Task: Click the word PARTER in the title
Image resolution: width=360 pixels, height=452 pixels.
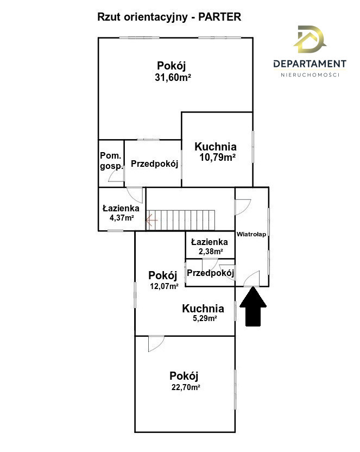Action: click(x=220, y=17)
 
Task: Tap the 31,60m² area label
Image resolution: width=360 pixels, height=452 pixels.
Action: click(x=173, y=78)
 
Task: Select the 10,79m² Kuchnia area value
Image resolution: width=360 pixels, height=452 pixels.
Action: click(x=218, y=158)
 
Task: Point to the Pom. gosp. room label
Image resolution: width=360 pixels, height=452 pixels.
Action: click(x=111, y=161)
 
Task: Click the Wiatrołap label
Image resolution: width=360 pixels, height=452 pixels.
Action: click(x=251, y=234)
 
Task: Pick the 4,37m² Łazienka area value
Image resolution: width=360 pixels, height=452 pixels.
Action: click(x=122, y=218)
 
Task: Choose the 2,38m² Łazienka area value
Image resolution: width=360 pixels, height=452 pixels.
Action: click(x=211, y=252)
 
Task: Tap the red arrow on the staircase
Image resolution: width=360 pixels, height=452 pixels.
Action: click(x=151, y=221)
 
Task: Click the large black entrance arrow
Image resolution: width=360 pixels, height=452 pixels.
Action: click(x=253, y=306)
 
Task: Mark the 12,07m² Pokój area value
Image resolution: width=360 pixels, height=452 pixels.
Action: click(x=164, y=286)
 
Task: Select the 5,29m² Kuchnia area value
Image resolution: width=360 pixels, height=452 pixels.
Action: click(x=205, y=318)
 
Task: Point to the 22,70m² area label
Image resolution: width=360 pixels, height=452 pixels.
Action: click(x=186, y=387)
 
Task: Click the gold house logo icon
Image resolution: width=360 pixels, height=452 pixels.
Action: click(x=309, y=39)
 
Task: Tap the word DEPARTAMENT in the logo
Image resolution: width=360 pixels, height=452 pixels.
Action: click(x=310, y=64)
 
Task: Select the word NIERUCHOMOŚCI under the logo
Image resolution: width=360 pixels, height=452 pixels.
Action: click(x=310, y=75)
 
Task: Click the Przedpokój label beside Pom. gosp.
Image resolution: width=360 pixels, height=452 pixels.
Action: click(x=155, y=164)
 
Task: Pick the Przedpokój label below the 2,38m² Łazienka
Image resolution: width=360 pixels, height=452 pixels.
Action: click(x=210, y=273)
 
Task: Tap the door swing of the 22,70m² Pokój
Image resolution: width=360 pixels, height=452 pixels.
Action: click(x=156, y=343)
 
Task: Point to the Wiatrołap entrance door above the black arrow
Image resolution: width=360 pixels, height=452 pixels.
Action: click(x=251, y=279)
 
